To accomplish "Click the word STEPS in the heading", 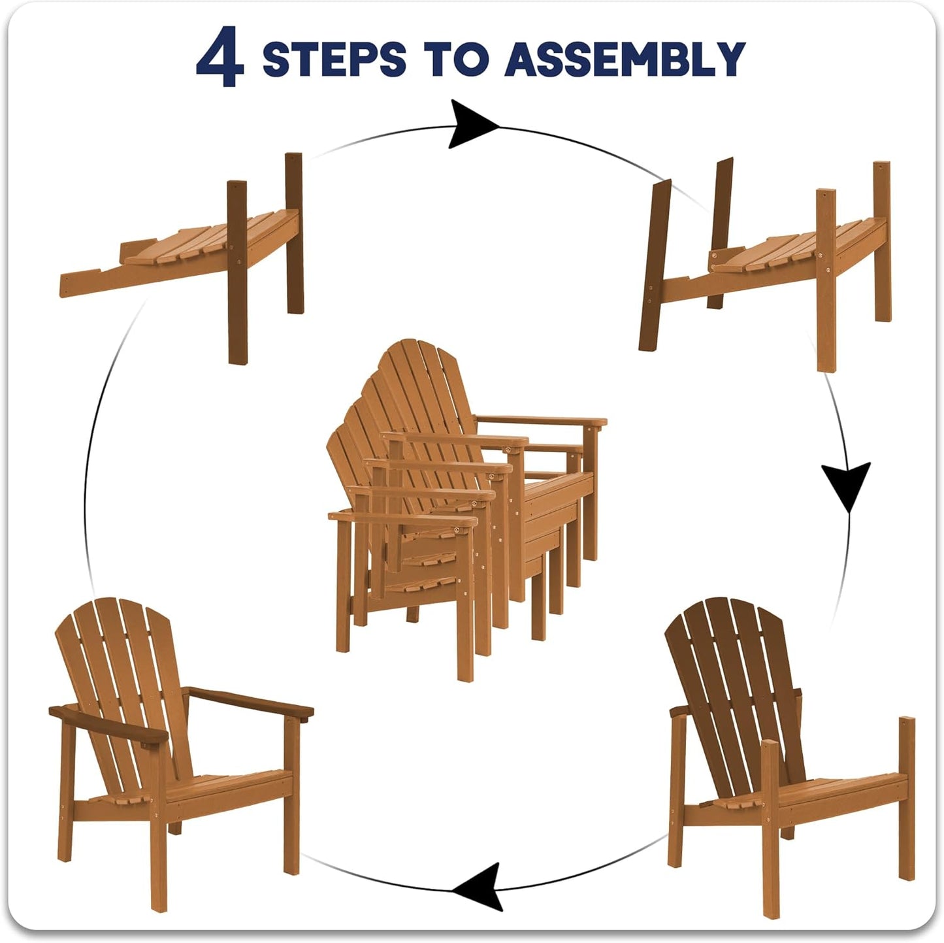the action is [334, 59].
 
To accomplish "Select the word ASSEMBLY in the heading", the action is [626, 59].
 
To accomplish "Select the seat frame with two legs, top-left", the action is [181, 258].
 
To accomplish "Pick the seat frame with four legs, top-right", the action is [765, 265].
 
